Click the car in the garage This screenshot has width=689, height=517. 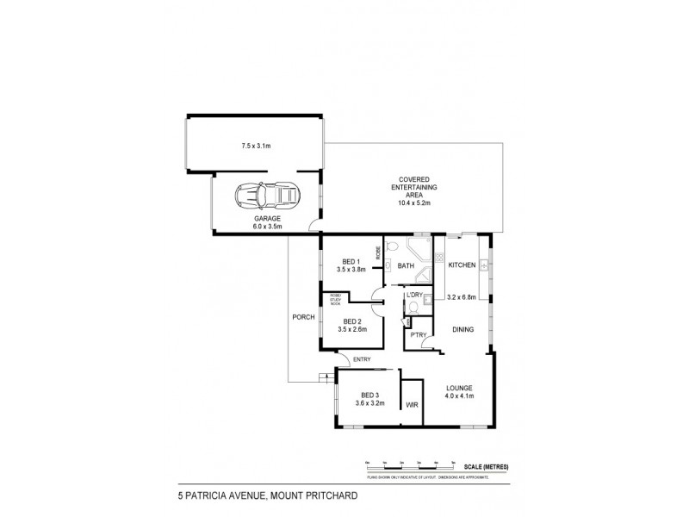[x=267, y=197]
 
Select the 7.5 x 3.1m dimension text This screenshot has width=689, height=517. [x=255, y=146]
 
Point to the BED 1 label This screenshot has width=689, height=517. [x=351, y=261]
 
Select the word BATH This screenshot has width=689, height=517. [x=406, y=265]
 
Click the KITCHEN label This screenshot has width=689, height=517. [x=462, y=265]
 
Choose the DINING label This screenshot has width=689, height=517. [x=461, y=329]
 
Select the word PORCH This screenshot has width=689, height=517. [x=302, y=316]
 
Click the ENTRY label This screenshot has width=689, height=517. [x=362, y=360]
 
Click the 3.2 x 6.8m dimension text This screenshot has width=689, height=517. [x=462, y=298]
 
